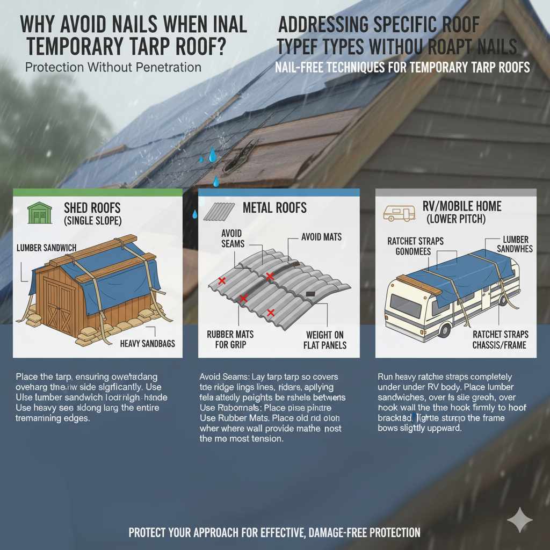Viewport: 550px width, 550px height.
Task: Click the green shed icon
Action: tap(39, 213)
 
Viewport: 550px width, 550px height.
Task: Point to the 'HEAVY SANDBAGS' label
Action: tap(147, 343)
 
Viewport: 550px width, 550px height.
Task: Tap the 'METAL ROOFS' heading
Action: tap(274, 208)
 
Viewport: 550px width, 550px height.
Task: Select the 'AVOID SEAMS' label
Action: tap(232, 238)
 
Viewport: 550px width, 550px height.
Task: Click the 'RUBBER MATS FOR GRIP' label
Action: tap(230, 339)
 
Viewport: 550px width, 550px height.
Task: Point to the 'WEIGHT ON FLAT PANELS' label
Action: tap(325, 339)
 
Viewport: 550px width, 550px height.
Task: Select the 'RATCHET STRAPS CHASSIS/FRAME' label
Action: tap(499, 339)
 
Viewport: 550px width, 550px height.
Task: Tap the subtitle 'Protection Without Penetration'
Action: tap(113, 68)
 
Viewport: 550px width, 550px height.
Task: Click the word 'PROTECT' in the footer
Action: tap(149, 533)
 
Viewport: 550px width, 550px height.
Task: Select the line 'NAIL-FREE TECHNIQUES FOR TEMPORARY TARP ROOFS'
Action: tap(402, 68)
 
